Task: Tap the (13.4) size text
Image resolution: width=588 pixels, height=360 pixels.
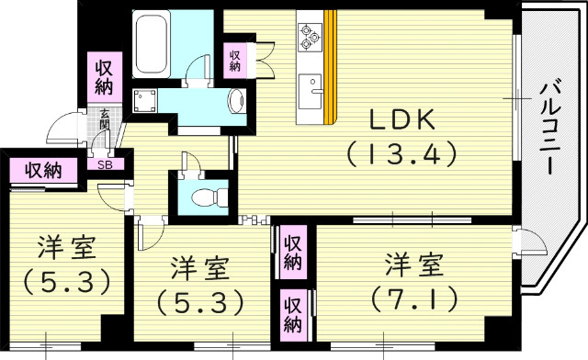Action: click(401, 154)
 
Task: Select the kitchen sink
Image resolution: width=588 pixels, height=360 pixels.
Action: click(315, 88)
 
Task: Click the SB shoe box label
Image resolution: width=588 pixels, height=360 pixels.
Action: click(106, 165)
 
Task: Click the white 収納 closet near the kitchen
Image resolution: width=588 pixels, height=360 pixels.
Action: click(235, 60)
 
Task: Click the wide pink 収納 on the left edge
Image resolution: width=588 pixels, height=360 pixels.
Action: click(44, 170)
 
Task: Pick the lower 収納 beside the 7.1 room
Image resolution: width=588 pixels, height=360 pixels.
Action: click(292, 313)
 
